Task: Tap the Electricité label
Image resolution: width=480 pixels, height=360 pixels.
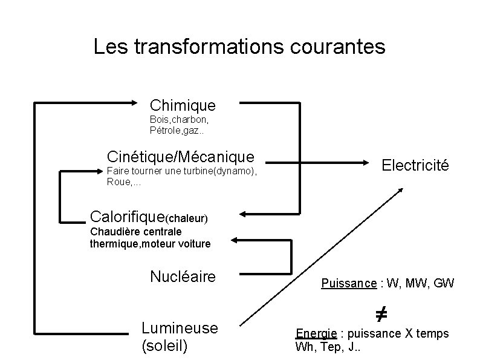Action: pos(415,164)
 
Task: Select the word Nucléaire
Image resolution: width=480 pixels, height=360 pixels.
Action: pos(183,277)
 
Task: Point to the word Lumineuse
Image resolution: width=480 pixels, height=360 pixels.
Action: pos(179,327)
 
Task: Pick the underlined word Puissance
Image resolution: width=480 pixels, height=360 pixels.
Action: pos(349,283)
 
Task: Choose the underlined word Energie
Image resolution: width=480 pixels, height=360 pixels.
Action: pos(316,333)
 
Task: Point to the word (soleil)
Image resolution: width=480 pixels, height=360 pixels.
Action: pos(164,346)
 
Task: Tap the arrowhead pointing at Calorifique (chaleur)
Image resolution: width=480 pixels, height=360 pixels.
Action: pos(244,213)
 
